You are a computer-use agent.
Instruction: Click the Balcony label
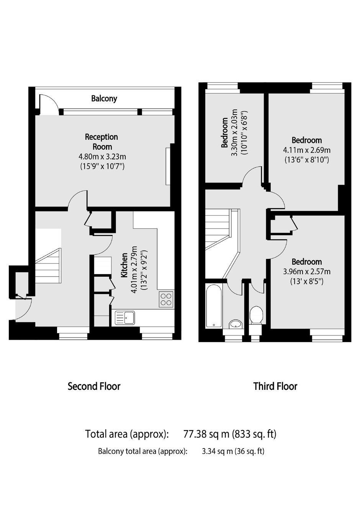coord(104,98)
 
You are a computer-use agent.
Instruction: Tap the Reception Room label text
coord(101,142)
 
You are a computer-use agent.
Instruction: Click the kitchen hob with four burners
coord(166,299)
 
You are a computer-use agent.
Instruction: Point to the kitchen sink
coord(125,318)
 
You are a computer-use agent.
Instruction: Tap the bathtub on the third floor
coord(214,306)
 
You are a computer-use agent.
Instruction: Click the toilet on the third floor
coord(256,315)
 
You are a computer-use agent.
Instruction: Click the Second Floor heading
coord(94,386)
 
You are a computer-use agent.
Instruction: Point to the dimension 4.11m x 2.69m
coord(307,150)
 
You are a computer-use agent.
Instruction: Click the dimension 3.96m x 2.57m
coord(307,272)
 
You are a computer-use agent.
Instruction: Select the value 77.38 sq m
coord(206,434)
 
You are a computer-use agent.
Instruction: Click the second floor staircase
coord(48,266)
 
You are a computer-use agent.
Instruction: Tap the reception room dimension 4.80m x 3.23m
coord(102,157)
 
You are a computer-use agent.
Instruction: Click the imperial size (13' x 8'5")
coord(307,282)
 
